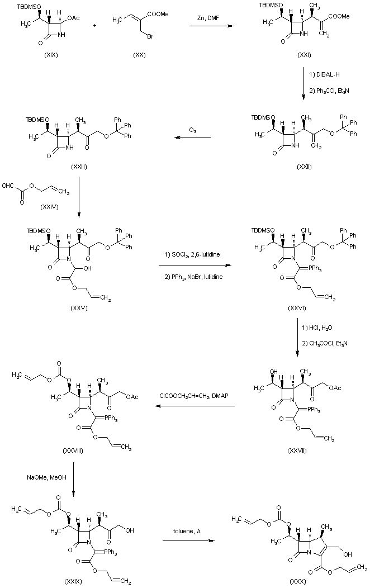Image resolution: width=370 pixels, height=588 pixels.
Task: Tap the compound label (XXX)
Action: (297, 582)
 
